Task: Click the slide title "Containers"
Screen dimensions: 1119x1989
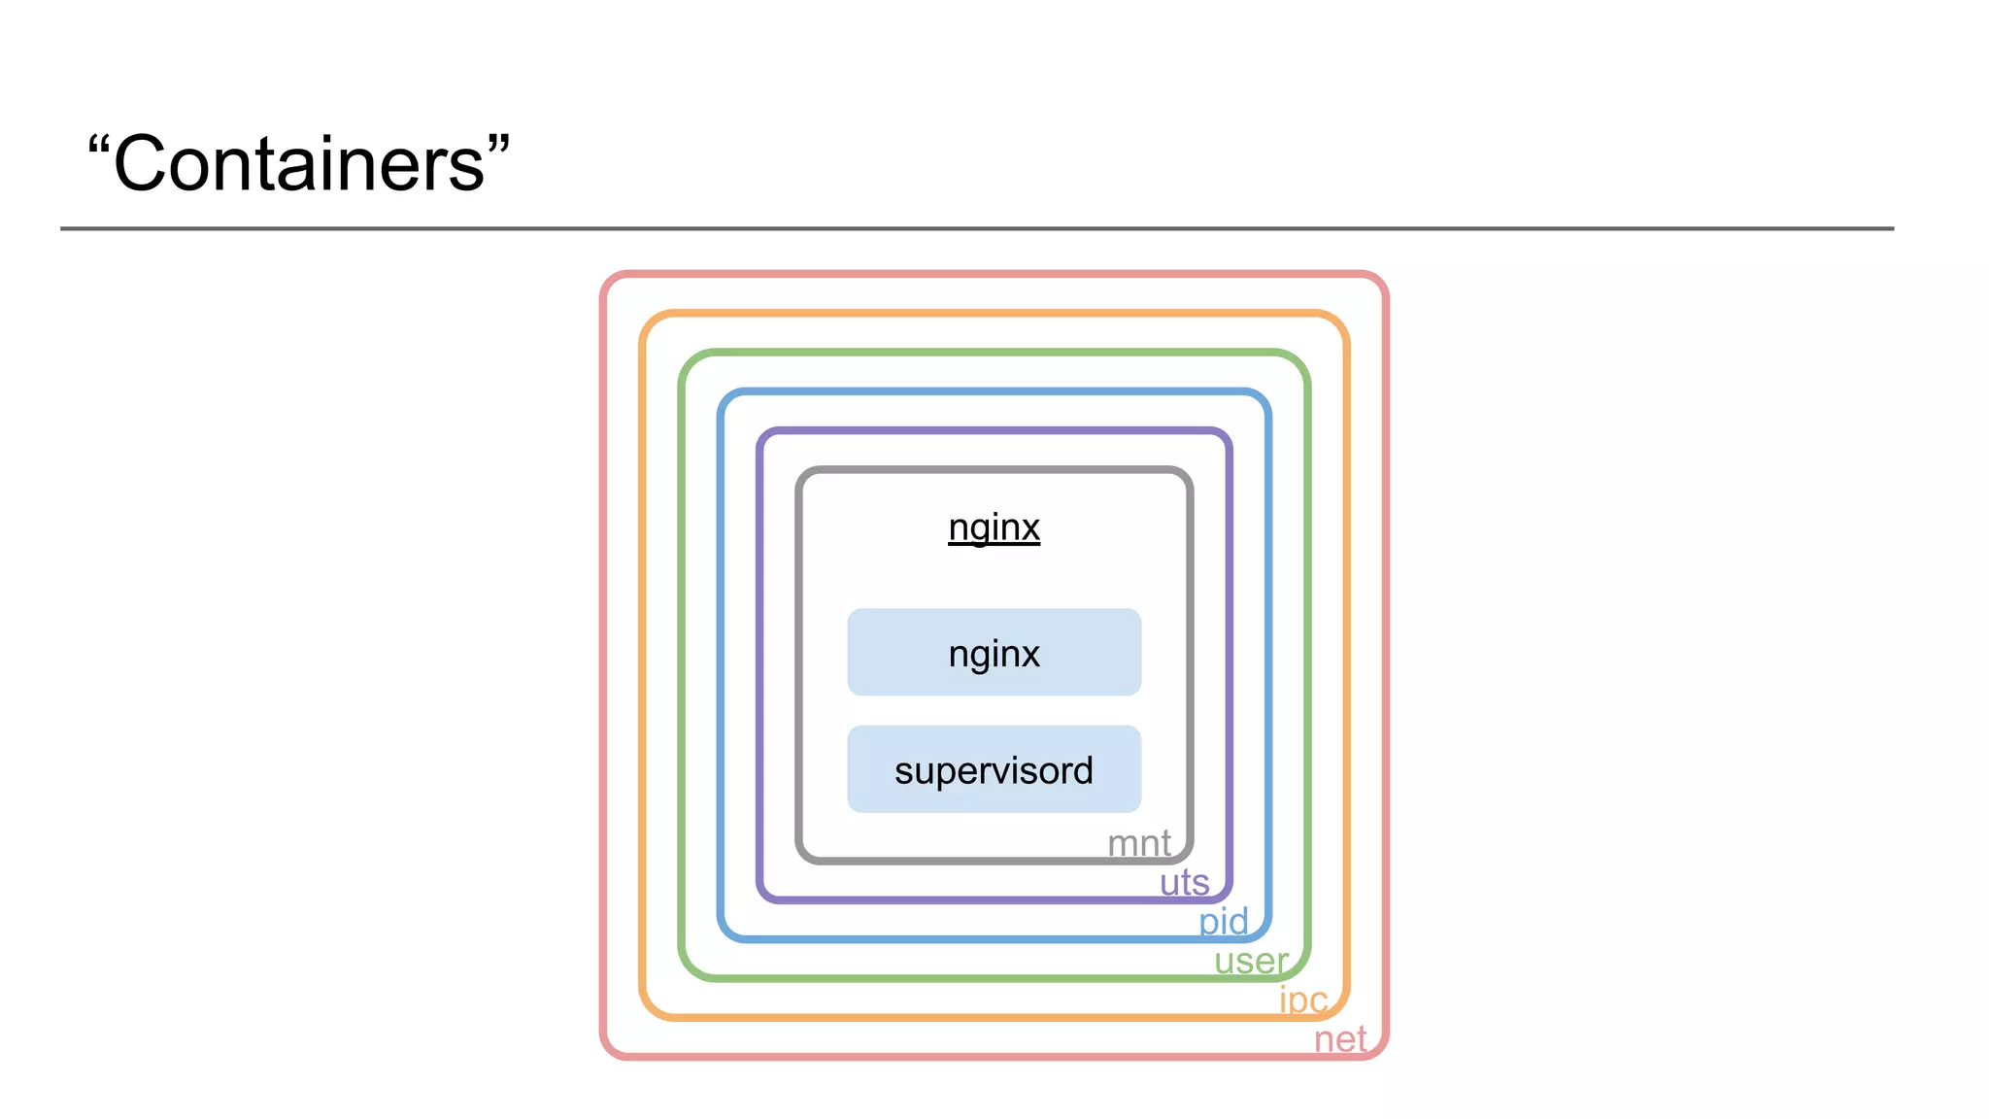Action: click(x=298, y=163)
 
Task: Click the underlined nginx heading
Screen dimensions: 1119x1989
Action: click(x=994, y=527)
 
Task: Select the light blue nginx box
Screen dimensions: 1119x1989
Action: click(x=994, y=653)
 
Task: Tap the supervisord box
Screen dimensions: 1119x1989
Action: click(x=994, y=769)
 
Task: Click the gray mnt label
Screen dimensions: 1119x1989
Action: click(x=1138, y=843)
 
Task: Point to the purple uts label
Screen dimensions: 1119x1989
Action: click(x=1184, y=882)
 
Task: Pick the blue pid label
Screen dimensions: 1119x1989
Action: click(x=1223, y=921)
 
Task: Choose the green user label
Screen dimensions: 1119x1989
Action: click(x=1251, y=961)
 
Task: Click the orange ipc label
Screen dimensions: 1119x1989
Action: click(x=1302, y=1000)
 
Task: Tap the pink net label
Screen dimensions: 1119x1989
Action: click(x=1340, y=1039)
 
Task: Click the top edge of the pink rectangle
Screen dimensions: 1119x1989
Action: click(x=994, y=275)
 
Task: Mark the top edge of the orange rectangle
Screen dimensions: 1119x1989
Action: click(x=994, y=314)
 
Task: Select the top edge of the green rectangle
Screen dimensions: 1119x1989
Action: click(x=994, y=353)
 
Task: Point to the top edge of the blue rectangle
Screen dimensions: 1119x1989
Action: click(x=994, y=392)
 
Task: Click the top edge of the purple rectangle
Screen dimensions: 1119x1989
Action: click(x=994, y=431)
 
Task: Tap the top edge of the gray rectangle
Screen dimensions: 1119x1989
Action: click(x=994, y=471)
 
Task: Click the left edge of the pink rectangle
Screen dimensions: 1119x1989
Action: click(x=604, y=665)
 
